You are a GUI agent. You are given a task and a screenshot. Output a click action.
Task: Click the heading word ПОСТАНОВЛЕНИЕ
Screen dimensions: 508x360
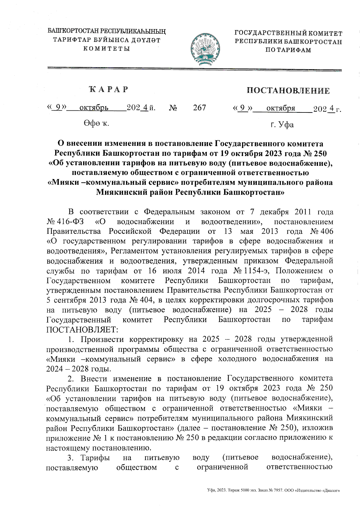288,91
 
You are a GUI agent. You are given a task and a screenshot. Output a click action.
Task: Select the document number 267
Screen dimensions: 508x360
199,107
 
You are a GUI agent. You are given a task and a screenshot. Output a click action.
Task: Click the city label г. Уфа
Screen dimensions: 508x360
282,124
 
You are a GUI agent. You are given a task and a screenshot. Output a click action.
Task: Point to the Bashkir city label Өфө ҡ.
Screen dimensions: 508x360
96,123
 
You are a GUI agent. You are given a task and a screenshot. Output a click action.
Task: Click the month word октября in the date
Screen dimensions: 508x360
281,108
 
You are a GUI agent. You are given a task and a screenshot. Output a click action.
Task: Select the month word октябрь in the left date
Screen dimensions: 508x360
94,108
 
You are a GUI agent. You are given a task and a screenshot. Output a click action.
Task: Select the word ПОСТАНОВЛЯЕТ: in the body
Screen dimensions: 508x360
82,329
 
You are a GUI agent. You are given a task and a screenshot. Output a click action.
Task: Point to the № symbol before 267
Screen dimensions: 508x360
173,108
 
